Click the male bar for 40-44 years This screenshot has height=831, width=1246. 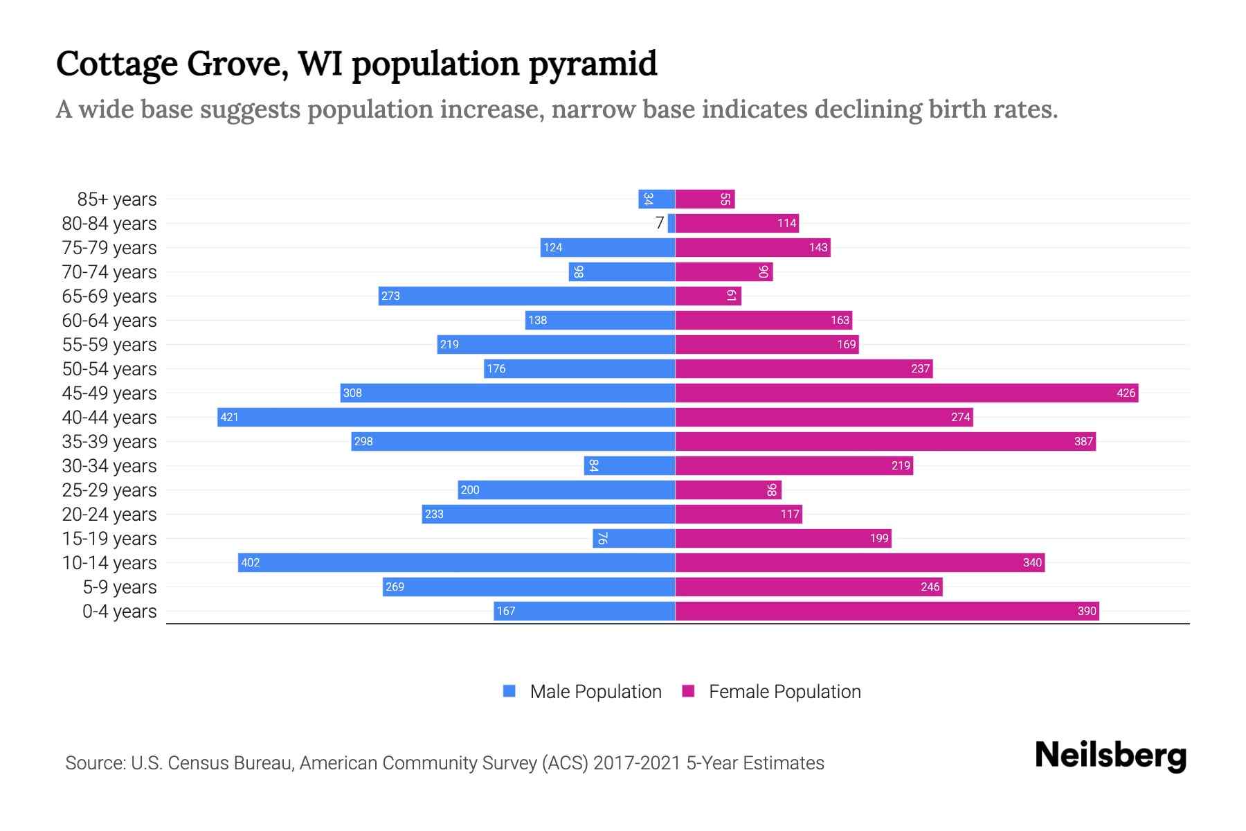coord(446,417)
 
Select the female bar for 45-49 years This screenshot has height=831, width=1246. coord(907,393)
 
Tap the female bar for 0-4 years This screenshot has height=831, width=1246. coord(886,611)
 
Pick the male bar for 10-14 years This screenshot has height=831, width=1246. coord(457,562)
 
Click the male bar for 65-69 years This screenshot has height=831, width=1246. coord(526,296)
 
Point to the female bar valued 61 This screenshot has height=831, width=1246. coord(707,296)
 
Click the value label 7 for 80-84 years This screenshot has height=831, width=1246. coord(660,223)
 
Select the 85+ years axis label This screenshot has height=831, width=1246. coord(116,199)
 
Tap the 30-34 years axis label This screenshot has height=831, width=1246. coord(109,466)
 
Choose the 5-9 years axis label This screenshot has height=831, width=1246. coord(119,587)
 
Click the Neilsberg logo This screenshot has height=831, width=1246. coord(1110,756)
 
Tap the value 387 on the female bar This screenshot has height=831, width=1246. coord(1083,442)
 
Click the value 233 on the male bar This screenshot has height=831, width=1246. coord(434,515)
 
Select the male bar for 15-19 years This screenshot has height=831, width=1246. coord(633,538)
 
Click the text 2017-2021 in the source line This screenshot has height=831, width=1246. coord(636,763)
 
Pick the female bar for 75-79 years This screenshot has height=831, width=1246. coord(752,247)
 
